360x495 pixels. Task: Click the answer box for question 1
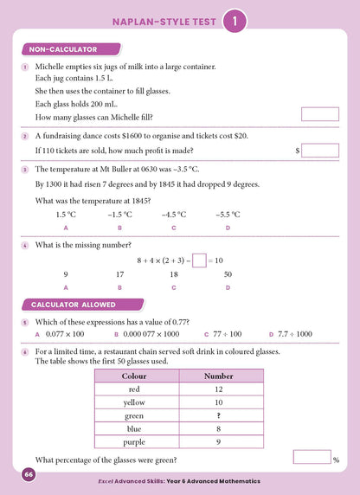coord(319,114)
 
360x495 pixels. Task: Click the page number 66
coord(29,474)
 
